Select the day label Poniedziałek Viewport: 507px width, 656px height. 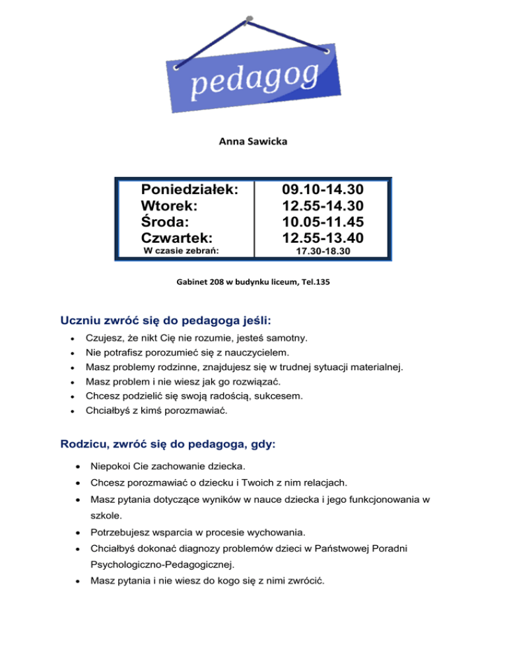189,189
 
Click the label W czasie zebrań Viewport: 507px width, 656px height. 181,251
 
